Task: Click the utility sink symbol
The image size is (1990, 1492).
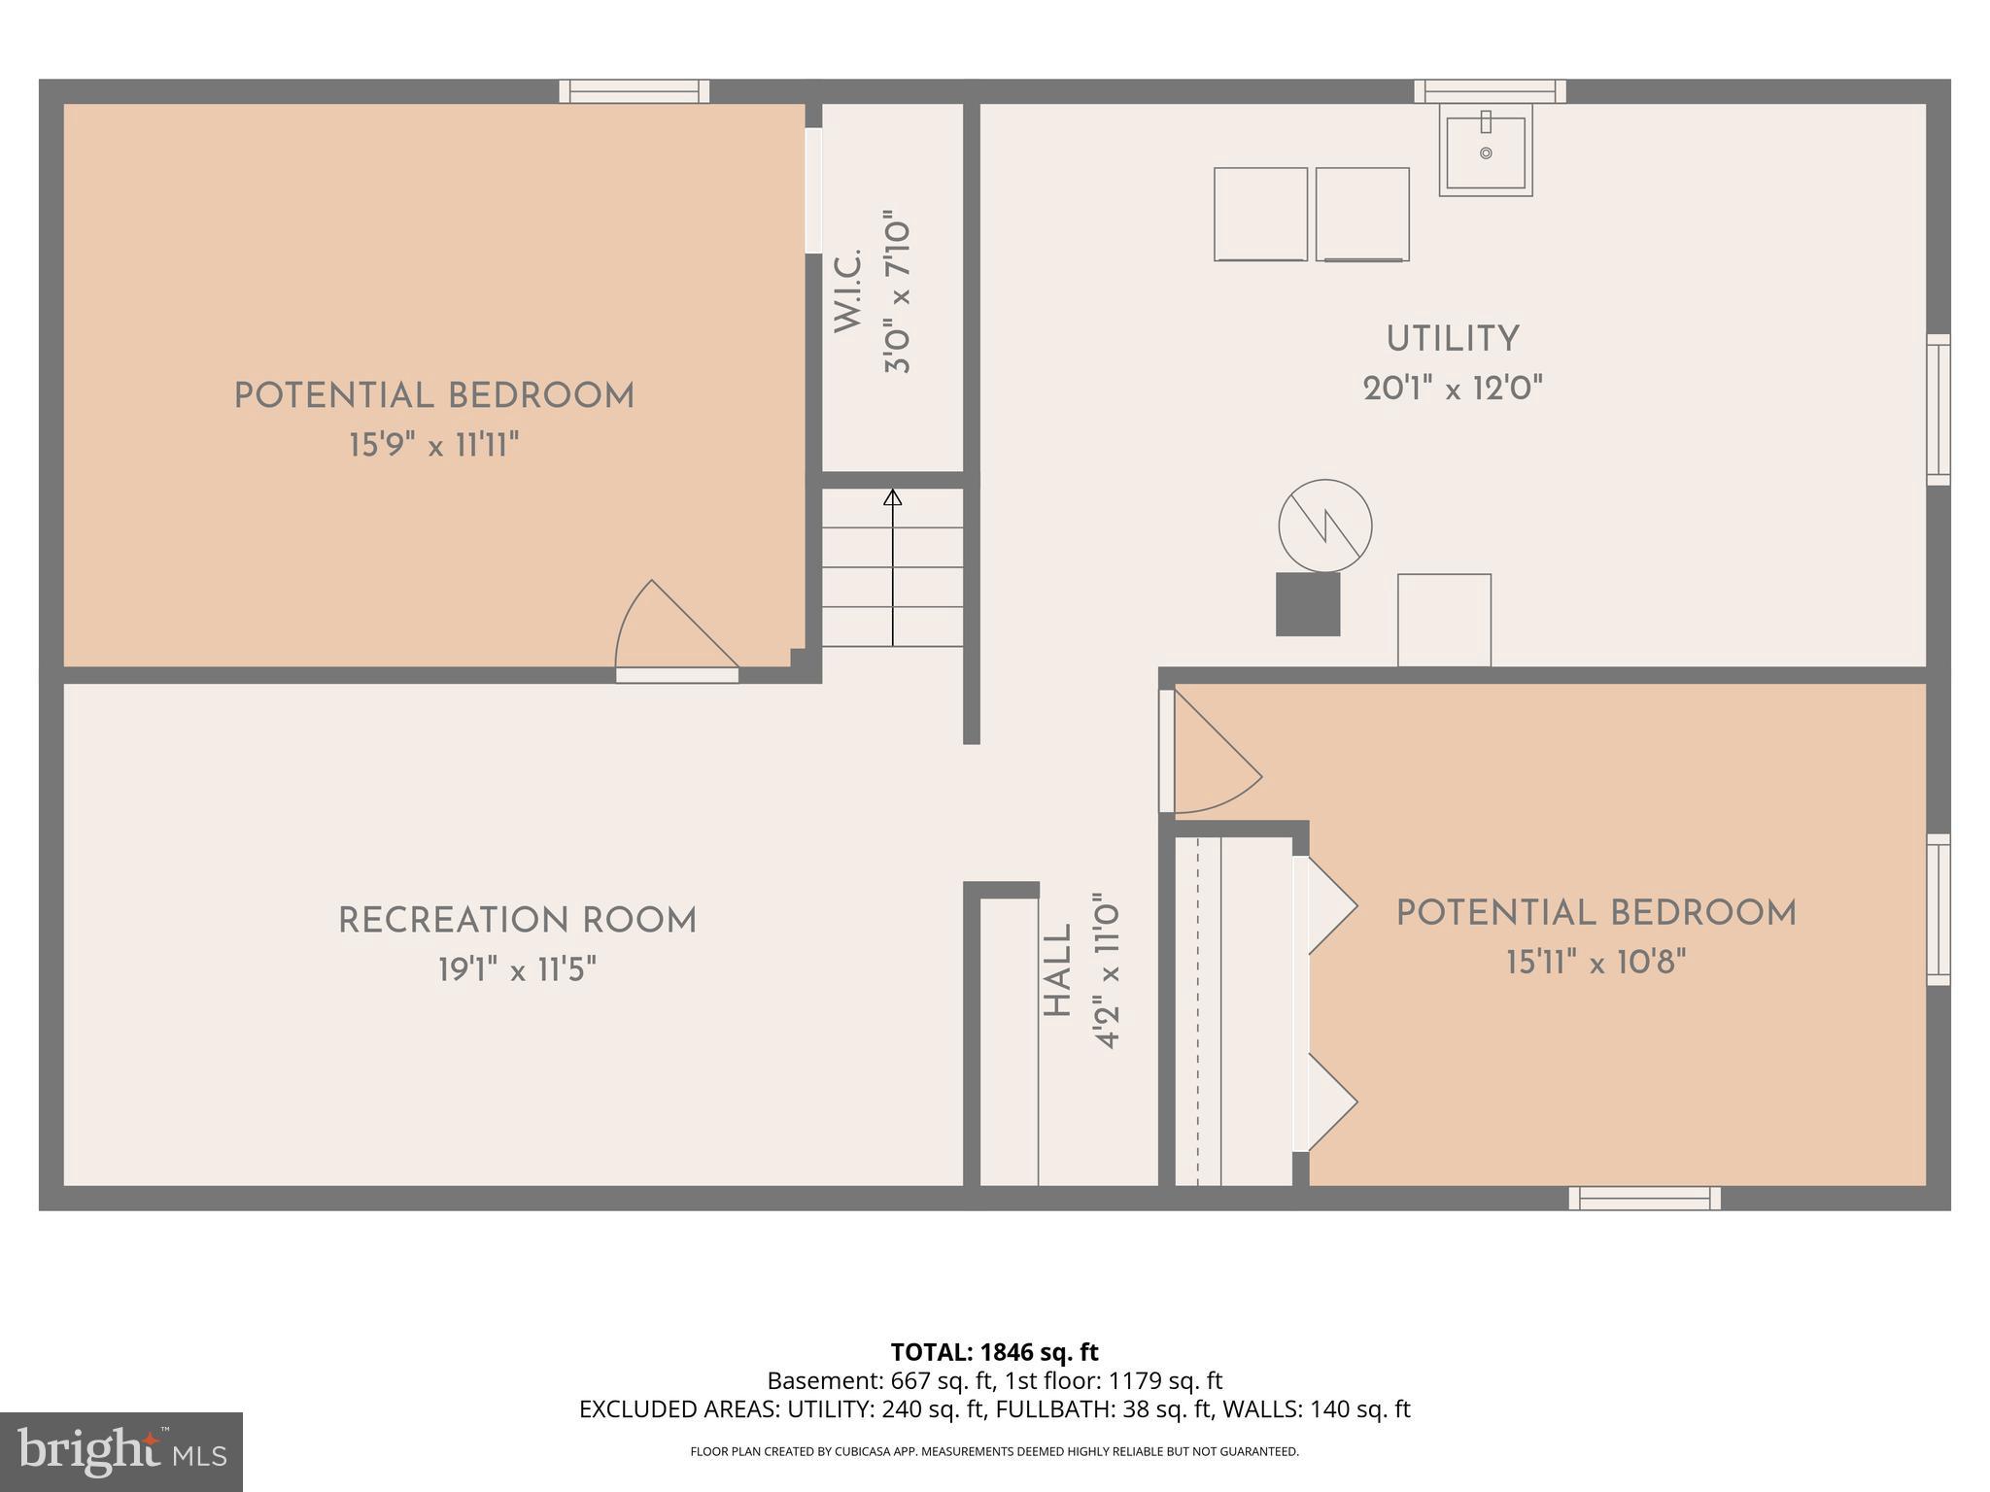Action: [x=1485, y=152]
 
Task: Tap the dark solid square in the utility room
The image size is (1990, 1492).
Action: [x=1307, y=604]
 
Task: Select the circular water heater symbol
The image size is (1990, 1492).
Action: [x=1324, y=526]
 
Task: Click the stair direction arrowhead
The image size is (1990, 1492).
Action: [x=892, y=497]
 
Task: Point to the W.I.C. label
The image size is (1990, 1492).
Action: [x=847, y=290]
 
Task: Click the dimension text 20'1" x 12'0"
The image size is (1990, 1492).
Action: [x=1452, y=390]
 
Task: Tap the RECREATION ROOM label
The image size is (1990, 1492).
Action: [x=517, y=921]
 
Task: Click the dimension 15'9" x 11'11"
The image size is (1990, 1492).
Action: [x=433, y=446]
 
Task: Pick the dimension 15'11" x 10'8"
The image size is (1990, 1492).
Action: [x=1595, y=963]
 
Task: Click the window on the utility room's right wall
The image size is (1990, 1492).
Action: [x=1938, y=409]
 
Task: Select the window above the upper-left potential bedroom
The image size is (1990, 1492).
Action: [x=634, y=91]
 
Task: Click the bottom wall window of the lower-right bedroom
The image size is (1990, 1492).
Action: [x=1644, y=1198]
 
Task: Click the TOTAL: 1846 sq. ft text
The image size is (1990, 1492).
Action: [x=994, y=1351]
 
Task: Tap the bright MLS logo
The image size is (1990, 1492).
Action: [x=120, y=1451]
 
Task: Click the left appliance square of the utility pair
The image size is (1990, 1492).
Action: [x=1260, y=214]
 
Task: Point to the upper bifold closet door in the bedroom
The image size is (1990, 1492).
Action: [x=1327, y=905]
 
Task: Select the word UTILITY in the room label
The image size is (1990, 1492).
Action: [x=1452, y=339]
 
